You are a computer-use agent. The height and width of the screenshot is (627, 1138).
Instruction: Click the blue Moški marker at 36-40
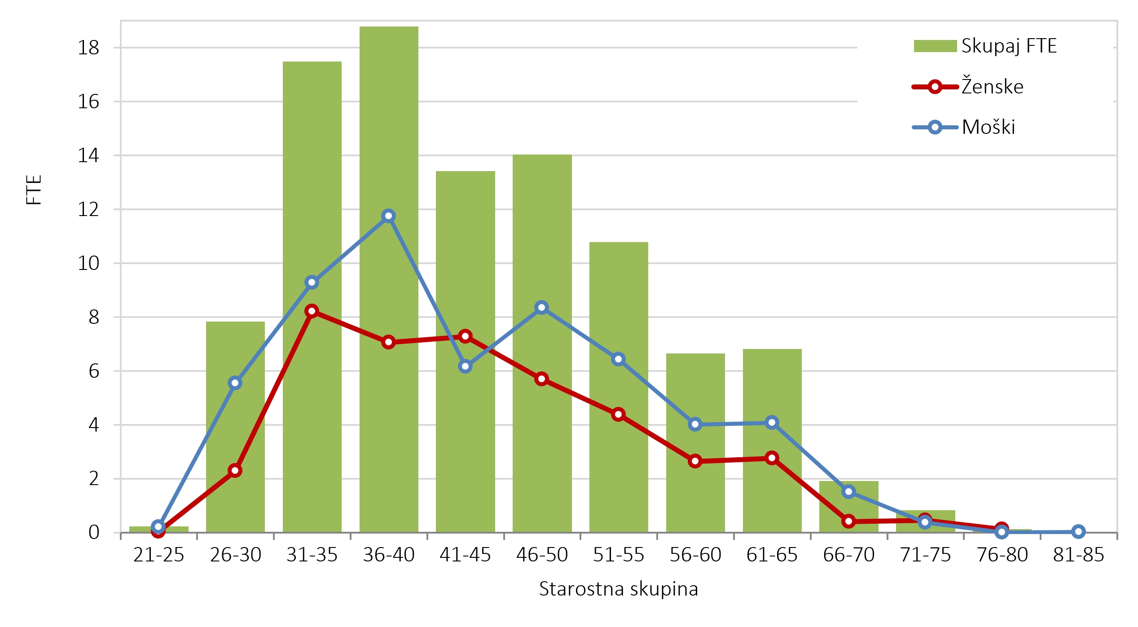click(388, 216)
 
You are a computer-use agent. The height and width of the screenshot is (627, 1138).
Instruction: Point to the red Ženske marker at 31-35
click(312, 311)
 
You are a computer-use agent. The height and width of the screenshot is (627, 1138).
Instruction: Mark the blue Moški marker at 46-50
click(541, 308)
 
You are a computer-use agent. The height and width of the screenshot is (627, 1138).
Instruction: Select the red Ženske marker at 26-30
click(235, 471)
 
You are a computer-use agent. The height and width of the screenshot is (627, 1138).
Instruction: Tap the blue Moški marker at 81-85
click(1078, 532)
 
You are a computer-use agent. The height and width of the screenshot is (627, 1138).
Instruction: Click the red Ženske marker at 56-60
click(695, 461)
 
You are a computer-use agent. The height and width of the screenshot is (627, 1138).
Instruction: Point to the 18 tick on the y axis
click(88, 48)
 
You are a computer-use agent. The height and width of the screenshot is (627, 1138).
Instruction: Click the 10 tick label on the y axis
click(88, 263)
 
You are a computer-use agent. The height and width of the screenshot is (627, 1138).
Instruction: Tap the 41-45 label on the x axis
click(465, 555)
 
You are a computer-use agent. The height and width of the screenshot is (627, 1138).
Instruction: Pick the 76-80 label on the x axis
click(1002, 555)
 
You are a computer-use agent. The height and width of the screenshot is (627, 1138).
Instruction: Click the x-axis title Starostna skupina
click(619, 589)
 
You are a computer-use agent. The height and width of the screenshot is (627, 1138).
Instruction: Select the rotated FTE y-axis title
click(34, 190)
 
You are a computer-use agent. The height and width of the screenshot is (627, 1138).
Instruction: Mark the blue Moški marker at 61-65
click(772, 423)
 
